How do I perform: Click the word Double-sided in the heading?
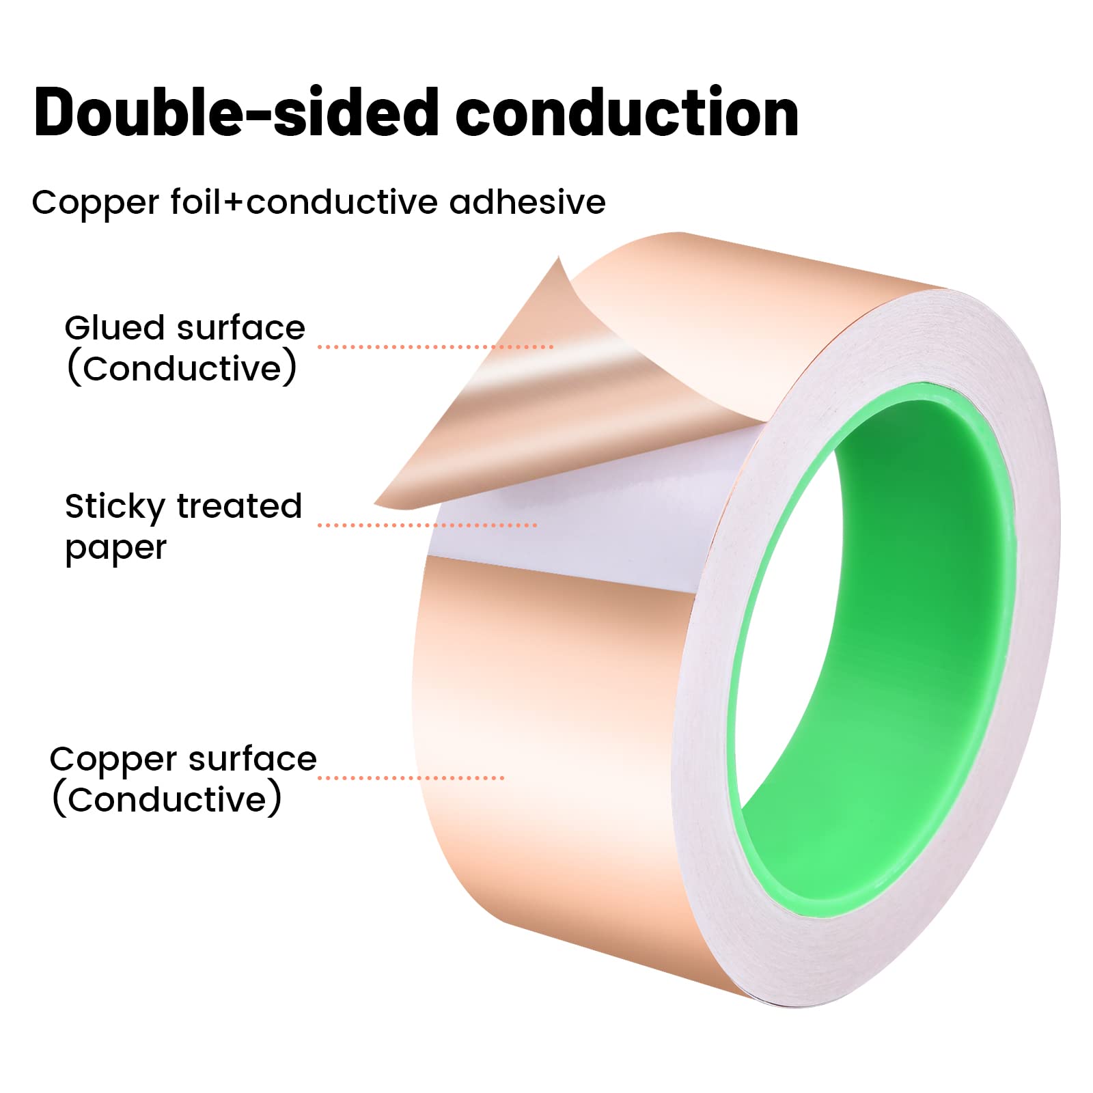coord(236,113)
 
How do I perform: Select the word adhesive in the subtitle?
coord(527,202)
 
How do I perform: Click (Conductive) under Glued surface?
coord(182,369)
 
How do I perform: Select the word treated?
coord(239,506)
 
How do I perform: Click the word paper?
coord(115,549)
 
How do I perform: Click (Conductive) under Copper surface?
coord(167,799)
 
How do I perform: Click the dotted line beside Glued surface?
coord(435,347)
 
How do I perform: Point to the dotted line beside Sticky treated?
coord(428,525)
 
